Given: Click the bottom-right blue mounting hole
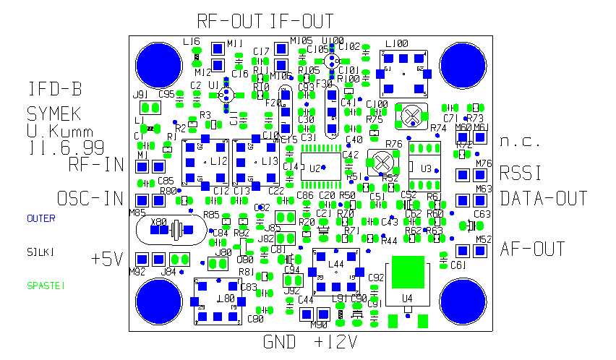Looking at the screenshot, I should point(463,301).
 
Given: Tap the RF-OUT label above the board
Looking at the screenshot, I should point(231,20).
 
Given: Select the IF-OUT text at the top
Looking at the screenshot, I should point(301,20).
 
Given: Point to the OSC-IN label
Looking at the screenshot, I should point(90,199).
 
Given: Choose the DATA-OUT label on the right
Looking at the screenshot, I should point(543,199).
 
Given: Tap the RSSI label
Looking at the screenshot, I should point(521,173).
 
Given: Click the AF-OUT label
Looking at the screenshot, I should point(532,249).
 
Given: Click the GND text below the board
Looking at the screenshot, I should point(280,342).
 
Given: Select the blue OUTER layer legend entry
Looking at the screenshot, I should point(41,218).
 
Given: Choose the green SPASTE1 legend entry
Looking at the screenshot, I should point(46,286).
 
